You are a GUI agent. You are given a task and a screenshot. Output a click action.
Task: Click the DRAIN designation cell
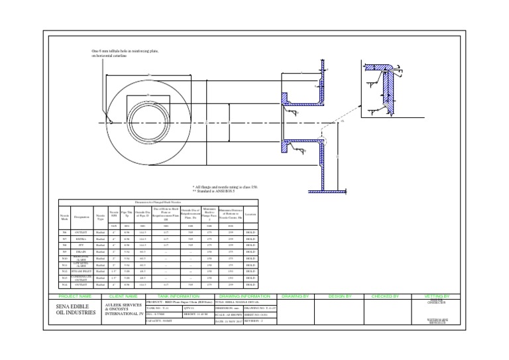(82, 252)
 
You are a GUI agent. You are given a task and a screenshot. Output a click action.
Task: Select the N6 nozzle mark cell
(65, 233)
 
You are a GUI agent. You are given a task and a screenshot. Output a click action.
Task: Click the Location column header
(251, 214)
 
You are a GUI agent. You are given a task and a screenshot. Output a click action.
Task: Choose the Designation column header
(82, 216)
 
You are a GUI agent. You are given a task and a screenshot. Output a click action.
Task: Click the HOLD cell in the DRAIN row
(251, 252)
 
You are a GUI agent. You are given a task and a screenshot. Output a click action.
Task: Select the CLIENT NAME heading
(123, 296)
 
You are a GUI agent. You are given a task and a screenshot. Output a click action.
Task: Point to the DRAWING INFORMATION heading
(240, 296)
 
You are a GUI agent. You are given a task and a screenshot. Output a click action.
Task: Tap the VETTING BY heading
(436, 296)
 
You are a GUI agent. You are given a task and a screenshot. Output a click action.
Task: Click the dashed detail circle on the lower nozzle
(321, 140)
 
